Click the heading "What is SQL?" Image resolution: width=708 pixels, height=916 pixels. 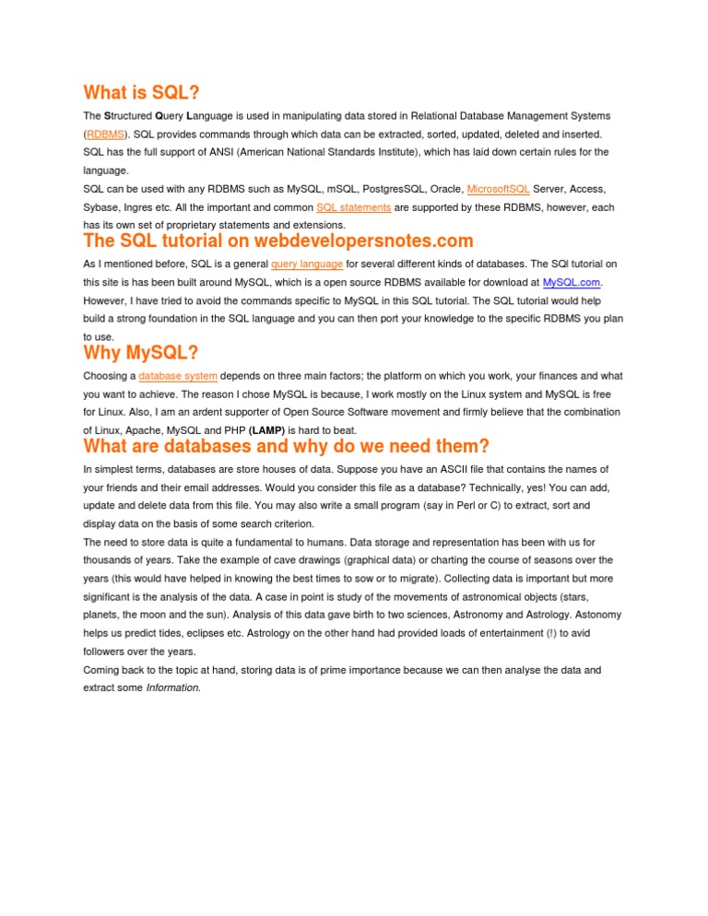pos(141,93)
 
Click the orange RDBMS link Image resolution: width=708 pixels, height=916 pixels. pos(105,134)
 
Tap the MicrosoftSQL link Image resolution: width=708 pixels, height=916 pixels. pos(498,189)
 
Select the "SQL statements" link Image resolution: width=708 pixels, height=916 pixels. pos(354,207)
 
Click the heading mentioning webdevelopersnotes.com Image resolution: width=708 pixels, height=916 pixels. pos(277,241)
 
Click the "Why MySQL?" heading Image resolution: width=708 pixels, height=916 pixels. pos(140,353)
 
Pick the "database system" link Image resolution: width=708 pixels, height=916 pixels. pos(178,376)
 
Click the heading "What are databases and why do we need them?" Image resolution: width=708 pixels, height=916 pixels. pos(286,447)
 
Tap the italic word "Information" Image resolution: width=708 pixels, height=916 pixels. pos(172,688)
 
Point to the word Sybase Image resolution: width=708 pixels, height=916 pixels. pos(100,207)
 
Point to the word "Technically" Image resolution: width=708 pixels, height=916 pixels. pos(492,487)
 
